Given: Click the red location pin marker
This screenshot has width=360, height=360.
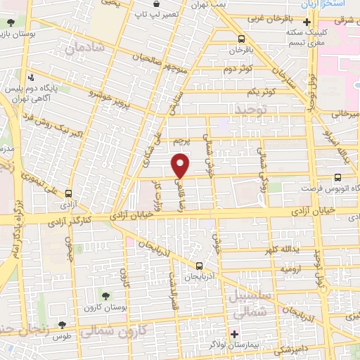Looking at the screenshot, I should point(181,165).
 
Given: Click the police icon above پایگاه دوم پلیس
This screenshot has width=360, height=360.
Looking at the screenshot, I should point(30,78).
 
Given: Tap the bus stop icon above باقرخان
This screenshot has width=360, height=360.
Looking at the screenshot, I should point(241,39).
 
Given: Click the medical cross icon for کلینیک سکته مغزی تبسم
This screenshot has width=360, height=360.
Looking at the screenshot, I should point(306,23).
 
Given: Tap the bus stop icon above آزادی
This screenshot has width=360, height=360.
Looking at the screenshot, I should point(69,193).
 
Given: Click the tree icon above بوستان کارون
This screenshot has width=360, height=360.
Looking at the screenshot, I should point(106,297).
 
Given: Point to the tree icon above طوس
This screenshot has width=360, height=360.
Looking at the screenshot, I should point(62,326).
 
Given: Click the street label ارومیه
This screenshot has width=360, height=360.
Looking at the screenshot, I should point(292,269).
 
